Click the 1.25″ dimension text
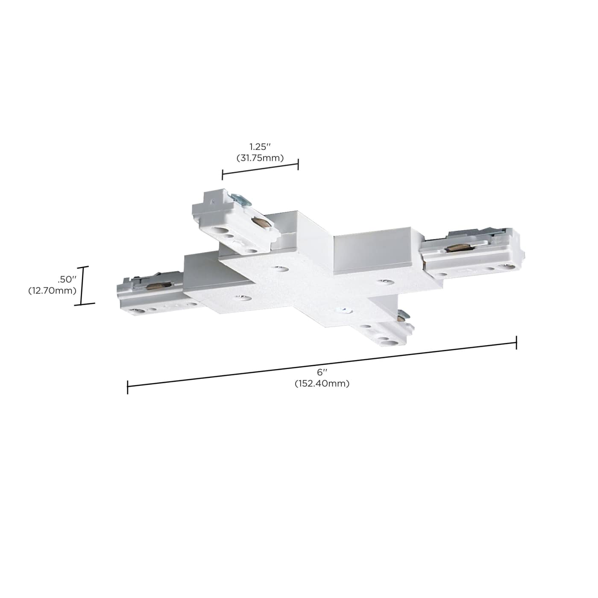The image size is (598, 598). coord(260,147)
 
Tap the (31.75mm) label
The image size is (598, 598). coord(260,158)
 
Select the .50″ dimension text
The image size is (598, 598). coord(67,279)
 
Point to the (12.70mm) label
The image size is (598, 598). coord(53,291)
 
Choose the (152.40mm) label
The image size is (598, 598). coord(322,384)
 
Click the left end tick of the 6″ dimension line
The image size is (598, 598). coord(128,387)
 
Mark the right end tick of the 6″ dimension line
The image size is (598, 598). coord(516,343)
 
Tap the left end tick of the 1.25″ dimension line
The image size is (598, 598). coord(222,174)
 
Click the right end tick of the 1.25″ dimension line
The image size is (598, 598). coord(298,164)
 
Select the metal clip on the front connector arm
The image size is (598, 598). coord(402,317)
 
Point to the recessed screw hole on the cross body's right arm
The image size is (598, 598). coord(383,282)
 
